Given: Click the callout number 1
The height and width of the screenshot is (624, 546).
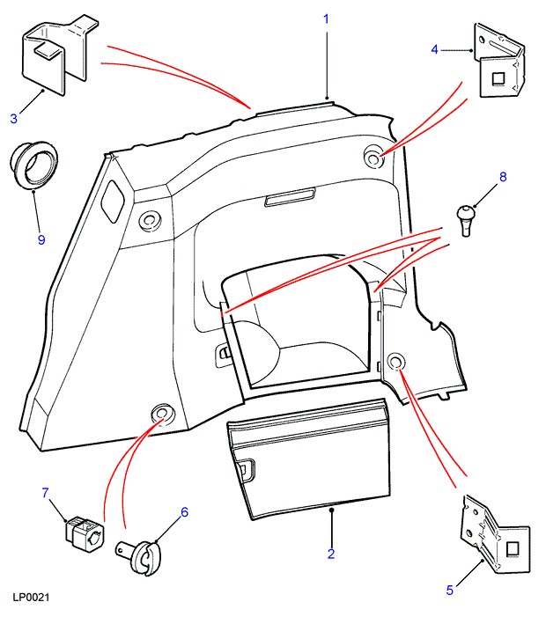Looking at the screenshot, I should pos(326,18).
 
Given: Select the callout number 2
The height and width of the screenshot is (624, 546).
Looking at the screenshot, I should pos(331,554).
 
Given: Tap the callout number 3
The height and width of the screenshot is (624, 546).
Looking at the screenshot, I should pos(14,118).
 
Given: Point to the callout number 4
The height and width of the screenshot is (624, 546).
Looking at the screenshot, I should pos(435,49).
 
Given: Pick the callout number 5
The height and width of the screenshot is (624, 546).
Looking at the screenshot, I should pos(449,590).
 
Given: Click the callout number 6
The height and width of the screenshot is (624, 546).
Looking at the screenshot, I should pos(185,511).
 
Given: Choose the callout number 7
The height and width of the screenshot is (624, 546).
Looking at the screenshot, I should pos(46,493).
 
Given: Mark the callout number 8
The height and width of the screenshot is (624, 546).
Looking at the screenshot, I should pos(503,177).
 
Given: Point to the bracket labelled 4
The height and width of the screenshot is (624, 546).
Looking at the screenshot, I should pos(499,64).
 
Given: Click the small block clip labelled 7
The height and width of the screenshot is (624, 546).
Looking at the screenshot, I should pos(83,531).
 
